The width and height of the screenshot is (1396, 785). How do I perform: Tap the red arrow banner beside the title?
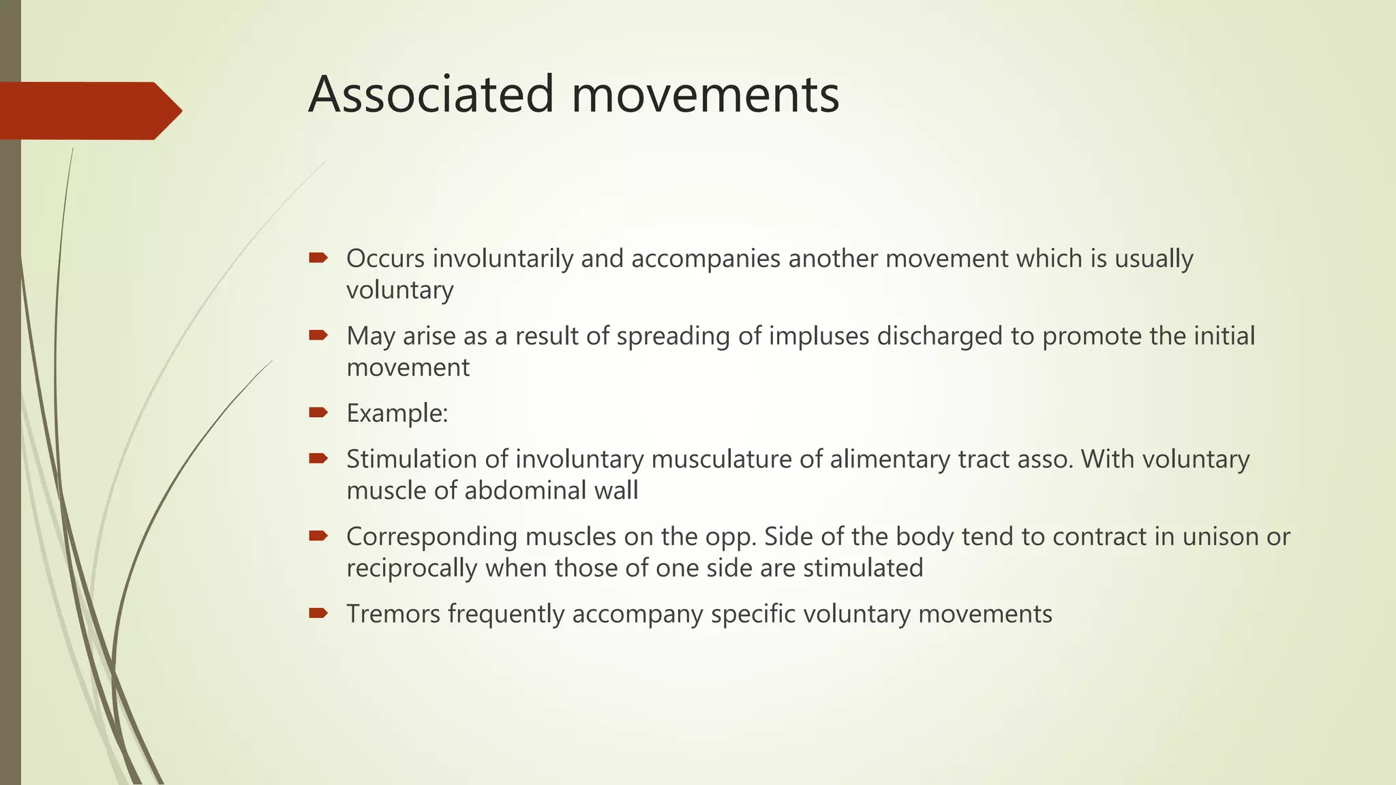point(89,110)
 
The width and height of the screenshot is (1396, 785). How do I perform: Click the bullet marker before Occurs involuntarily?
point(318,258)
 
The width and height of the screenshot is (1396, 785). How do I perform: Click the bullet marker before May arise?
point(318,335)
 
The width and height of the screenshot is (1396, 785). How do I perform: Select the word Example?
point(397,414)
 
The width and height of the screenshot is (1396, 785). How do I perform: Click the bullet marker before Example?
point(318,412)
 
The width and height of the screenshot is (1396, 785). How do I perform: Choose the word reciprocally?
point(412,568)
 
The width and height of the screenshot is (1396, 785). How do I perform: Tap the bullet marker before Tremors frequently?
point(318,613)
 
